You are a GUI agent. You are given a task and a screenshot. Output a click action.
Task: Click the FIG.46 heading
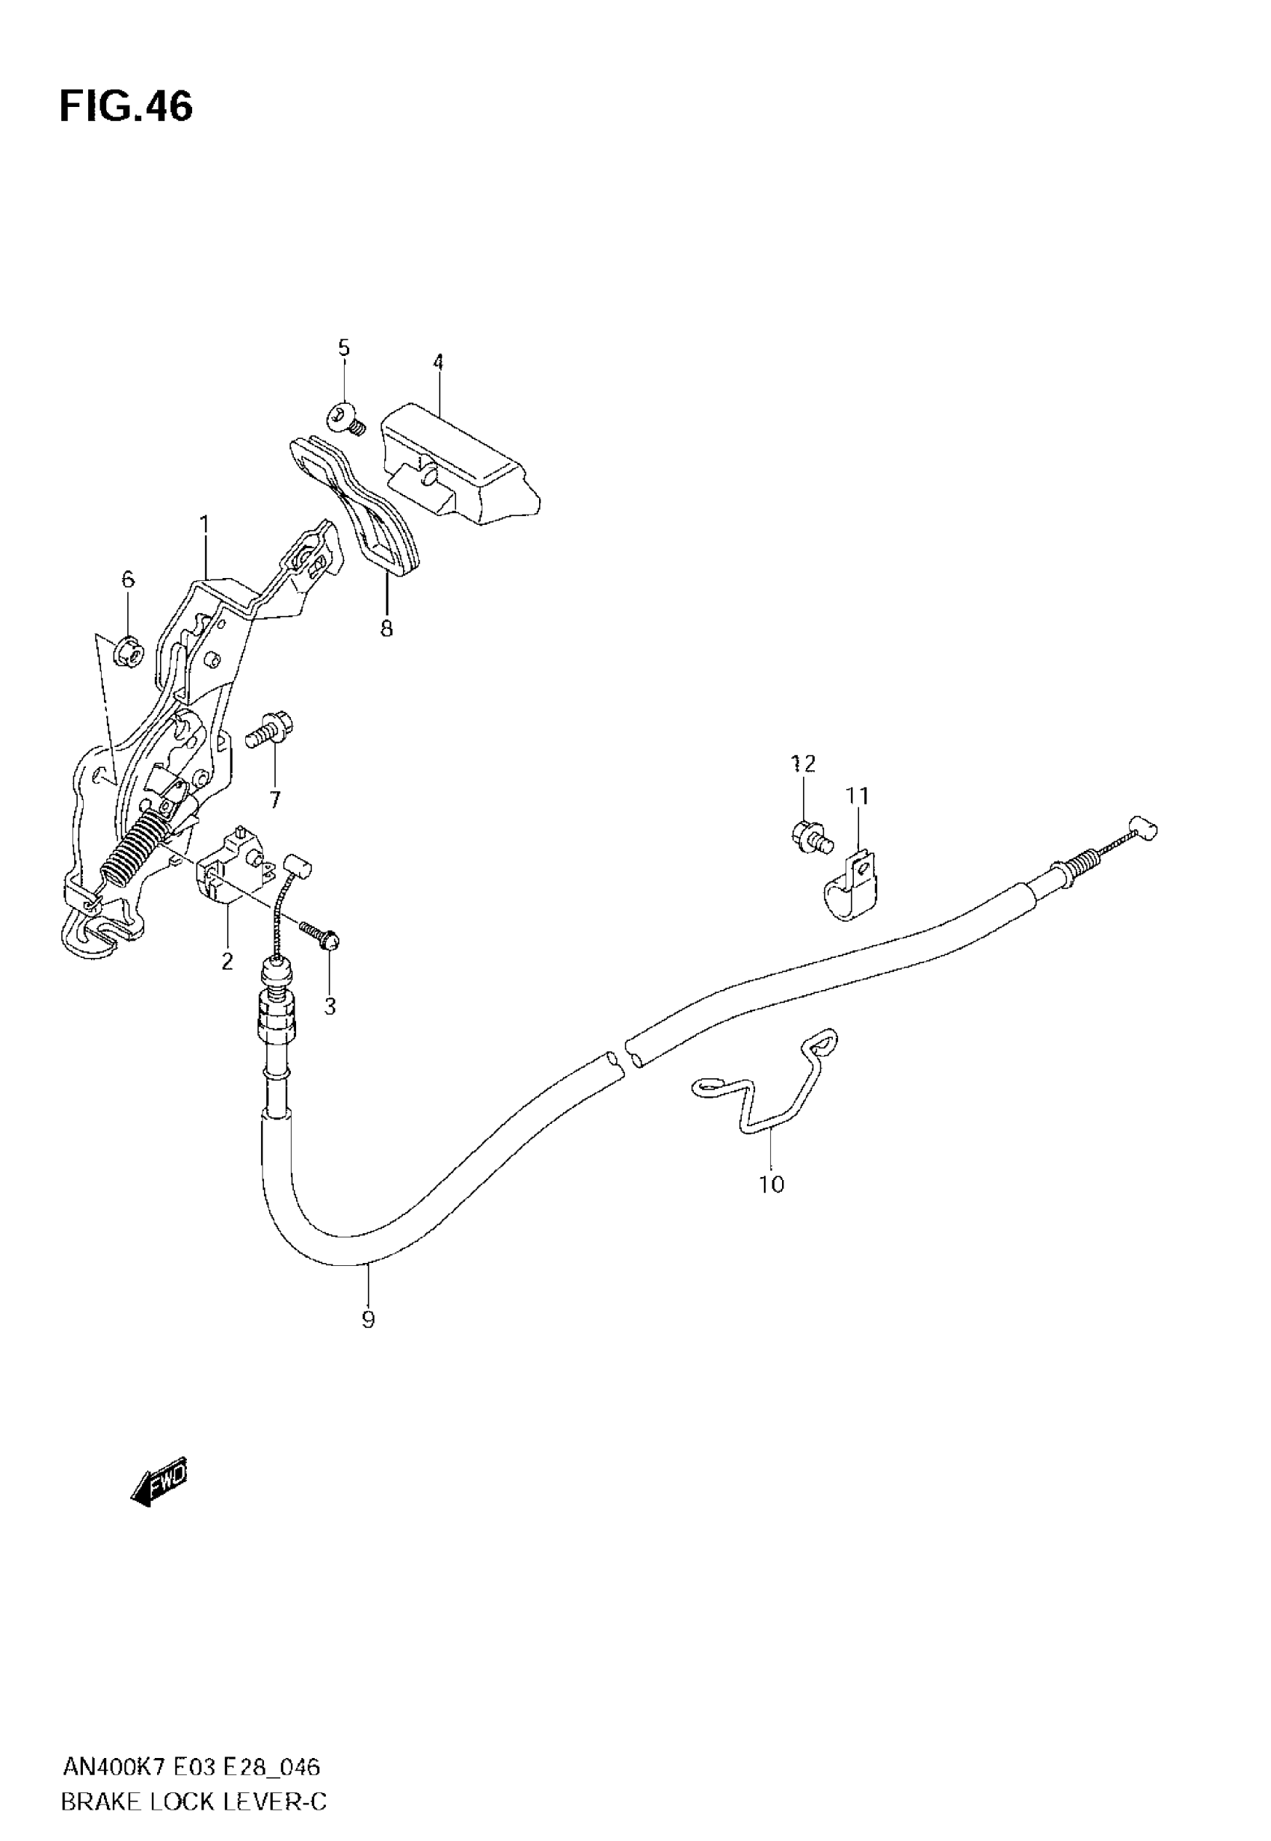(x=126, y=107)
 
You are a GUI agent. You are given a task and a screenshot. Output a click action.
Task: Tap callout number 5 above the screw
(x=343, y=348)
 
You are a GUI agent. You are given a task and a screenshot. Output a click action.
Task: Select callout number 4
(x=438, y=363)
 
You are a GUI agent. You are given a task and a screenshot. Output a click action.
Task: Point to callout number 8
(x=387, y=629)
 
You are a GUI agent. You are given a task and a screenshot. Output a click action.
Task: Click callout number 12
(x=804, y=764)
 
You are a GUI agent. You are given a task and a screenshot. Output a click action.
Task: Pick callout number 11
(x=858, y=796)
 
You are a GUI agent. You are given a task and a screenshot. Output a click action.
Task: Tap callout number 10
(x=772, y=1185)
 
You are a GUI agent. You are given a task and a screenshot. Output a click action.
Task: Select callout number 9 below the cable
(x=368, y=1321)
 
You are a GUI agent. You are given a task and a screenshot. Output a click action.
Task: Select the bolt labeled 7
(x=271, y=730)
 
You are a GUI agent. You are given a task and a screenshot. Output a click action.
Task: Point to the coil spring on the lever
(x=135, y=852)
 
